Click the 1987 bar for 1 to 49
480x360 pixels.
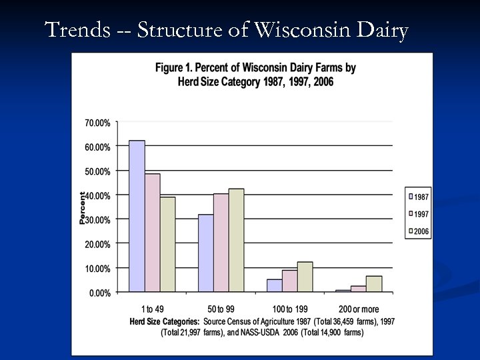tap(137, 216)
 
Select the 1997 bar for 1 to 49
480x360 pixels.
tap(152, 233)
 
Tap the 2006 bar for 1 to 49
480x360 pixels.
tap(167, 244)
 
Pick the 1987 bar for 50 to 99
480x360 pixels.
tap(205, 253)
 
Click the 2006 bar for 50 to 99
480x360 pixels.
tap(236, 240)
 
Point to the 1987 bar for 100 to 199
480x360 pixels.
tap(274, 285)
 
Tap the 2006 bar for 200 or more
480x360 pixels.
tap(374, 284)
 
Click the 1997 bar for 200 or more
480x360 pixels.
tap(359, 289)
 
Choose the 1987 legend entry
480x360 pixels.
tap(418, 197)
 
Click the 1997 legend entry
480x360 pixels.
tap(418, 214)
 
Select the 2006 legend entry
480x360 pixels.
tap(418, 231)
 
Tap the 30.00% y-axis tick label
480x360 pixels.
tap(97, 219)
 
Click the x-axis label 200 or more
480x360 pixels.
tap(359, 309)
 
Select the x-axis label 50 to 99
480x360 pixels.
tap(221, 309)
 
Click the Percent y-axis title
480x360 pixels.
tap(83, 207)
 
